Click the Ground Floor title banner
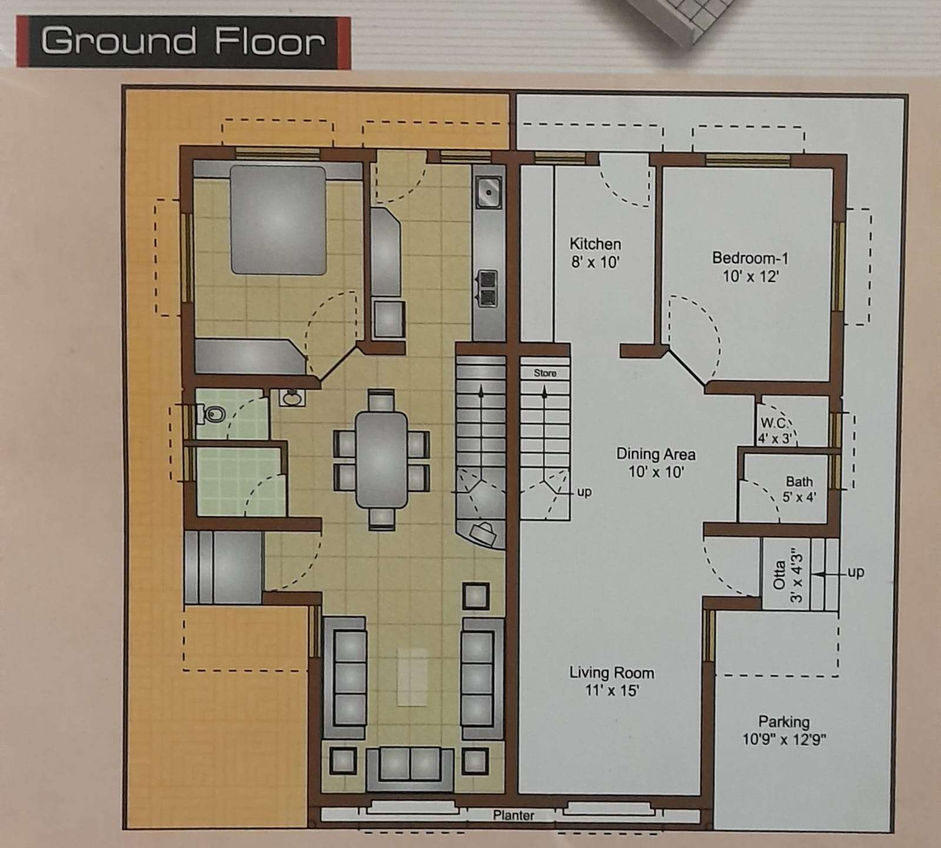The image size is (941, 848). coord(183,42)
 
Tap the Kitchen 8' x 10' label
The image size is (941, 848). coord(595,252)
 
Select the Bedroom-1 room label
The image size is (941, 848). coord(750,267)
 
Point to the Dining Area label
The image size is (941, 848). coord(656,463)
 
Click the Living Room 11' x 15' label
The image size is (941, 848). coord(612,681)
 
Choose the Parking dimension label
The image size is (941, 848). coord(784,730)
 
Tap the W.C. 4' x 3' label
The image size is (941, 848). coord(776,430)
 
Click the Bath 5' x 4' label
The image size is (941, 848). coord(799,489)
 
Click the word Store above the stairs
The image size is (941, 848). coord(545,373)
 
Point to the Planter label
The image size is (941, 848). coord(513,815)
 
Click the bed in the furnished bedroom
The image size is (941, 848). coord(278,220)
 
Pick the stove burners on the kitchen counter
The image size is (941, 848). coord(488,288)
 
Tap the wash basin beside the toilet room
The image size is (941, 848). coord(292,398)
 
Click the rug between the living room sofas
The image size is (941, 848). coord(412,677)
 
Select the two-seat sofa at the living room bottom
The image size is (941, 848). coord(410,769)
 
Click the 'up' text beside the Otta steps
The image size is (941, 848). coord(856,572)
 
